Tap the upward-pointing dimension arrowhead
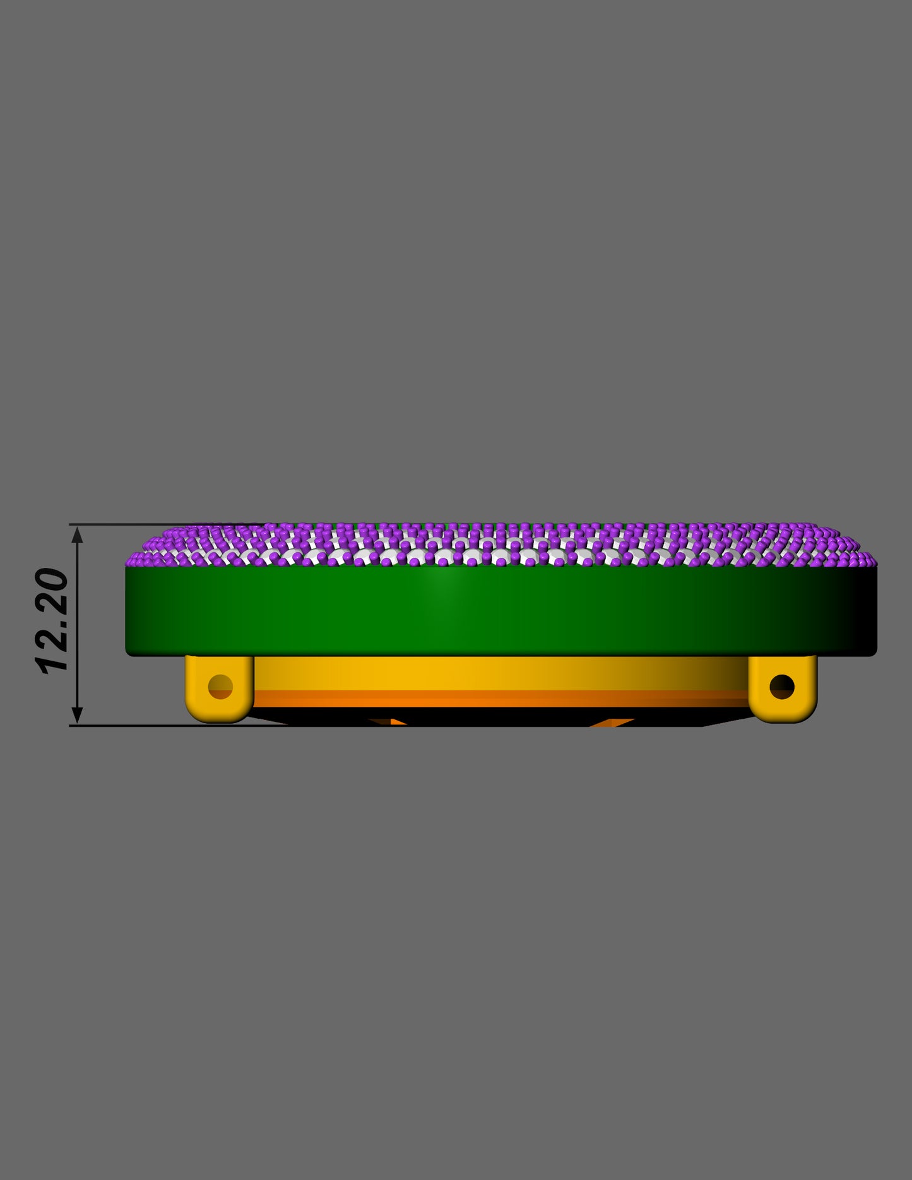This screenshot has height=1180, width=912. [77, 534]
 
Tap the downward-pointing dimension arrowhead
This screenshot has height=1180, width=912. [77, 715]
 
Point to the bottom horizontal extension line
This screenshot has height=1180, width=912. [177, 726]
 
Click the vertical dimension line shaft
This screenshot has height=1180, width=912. [77, 625]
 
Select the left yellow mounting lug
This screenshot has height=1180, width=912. [220, 688]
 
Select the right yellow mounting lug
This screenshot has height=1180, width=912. [783, 688]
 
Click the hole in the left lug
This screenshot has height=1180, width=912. [220, 686]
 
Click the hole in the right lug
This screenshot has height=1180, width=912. [782, 686]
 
